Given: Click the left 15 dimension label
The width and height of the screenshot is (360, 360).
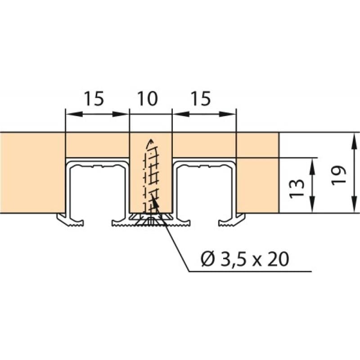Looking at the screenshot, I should pyautogui.click(x=94, y=99).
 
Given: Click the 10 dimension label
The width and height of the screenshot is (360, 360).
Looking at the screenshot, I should pyautogui.click(x=148, y=99).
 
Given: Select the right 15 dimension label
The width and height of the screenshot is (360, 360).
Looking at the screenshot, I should pyautogui.click(x=199, y=99).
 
